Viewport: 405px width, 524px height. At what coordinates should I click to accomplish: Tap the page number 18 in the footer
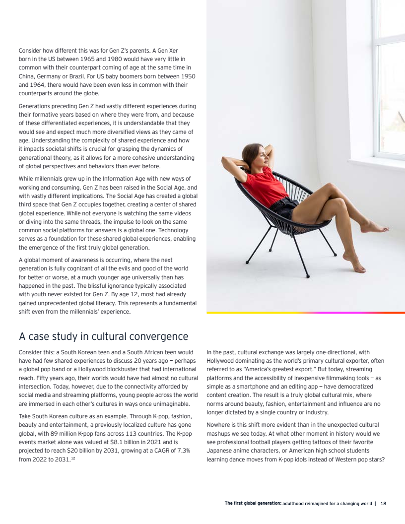click(384, 504)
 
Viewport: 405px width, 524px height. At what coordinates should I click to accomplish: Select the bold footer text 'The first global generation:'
click(253, 504)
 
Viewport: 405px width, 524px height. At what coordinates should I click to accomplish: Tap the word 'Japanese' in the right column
click(221, 451)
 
